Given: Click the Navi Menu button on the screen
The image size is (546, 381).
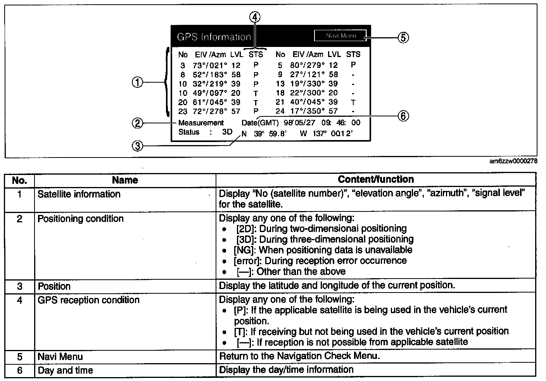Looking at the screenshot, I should (x=340, y=36).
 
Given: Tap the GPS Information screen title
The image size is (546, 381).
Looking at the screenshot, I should (x=214, y=37).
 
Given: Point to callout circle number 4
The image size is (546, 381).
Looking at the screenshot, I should (x=255, y=17).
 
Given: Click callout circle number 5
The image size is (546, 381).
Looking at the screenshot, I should (x=403, y=38).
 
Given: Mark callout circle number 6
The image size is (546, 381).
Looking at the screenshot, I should (x=403, y=116).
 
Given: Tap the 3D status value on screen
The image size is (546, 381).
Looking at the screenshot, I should (x=227, y=132).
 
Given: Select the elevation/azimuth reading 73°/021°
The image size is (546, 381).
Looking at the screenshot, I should (x=209, y=66).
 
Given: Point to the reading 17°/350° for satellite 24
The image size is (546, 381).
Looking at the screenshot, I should (x=306, y=111).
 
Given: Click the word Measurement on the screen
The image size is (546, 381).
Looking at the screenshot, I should (x=201, y=123).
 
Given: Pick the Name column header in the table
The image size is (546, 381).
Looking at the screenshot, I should (x=125, y=180).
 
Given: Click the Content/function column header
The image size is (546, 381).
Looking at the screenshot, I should (x=375, y=180).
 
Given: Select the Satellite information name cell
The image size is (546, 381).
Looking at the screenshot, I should (x=79, y=194).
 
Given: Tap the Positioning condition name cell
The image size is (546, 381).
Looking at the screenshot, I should (x=81, y=219).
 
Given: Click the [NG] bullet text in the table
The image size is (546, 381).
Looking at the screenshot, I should (x=323, y=250).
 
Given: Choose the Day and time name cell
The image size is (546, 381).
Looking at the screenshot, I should (x=65, y=371).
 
